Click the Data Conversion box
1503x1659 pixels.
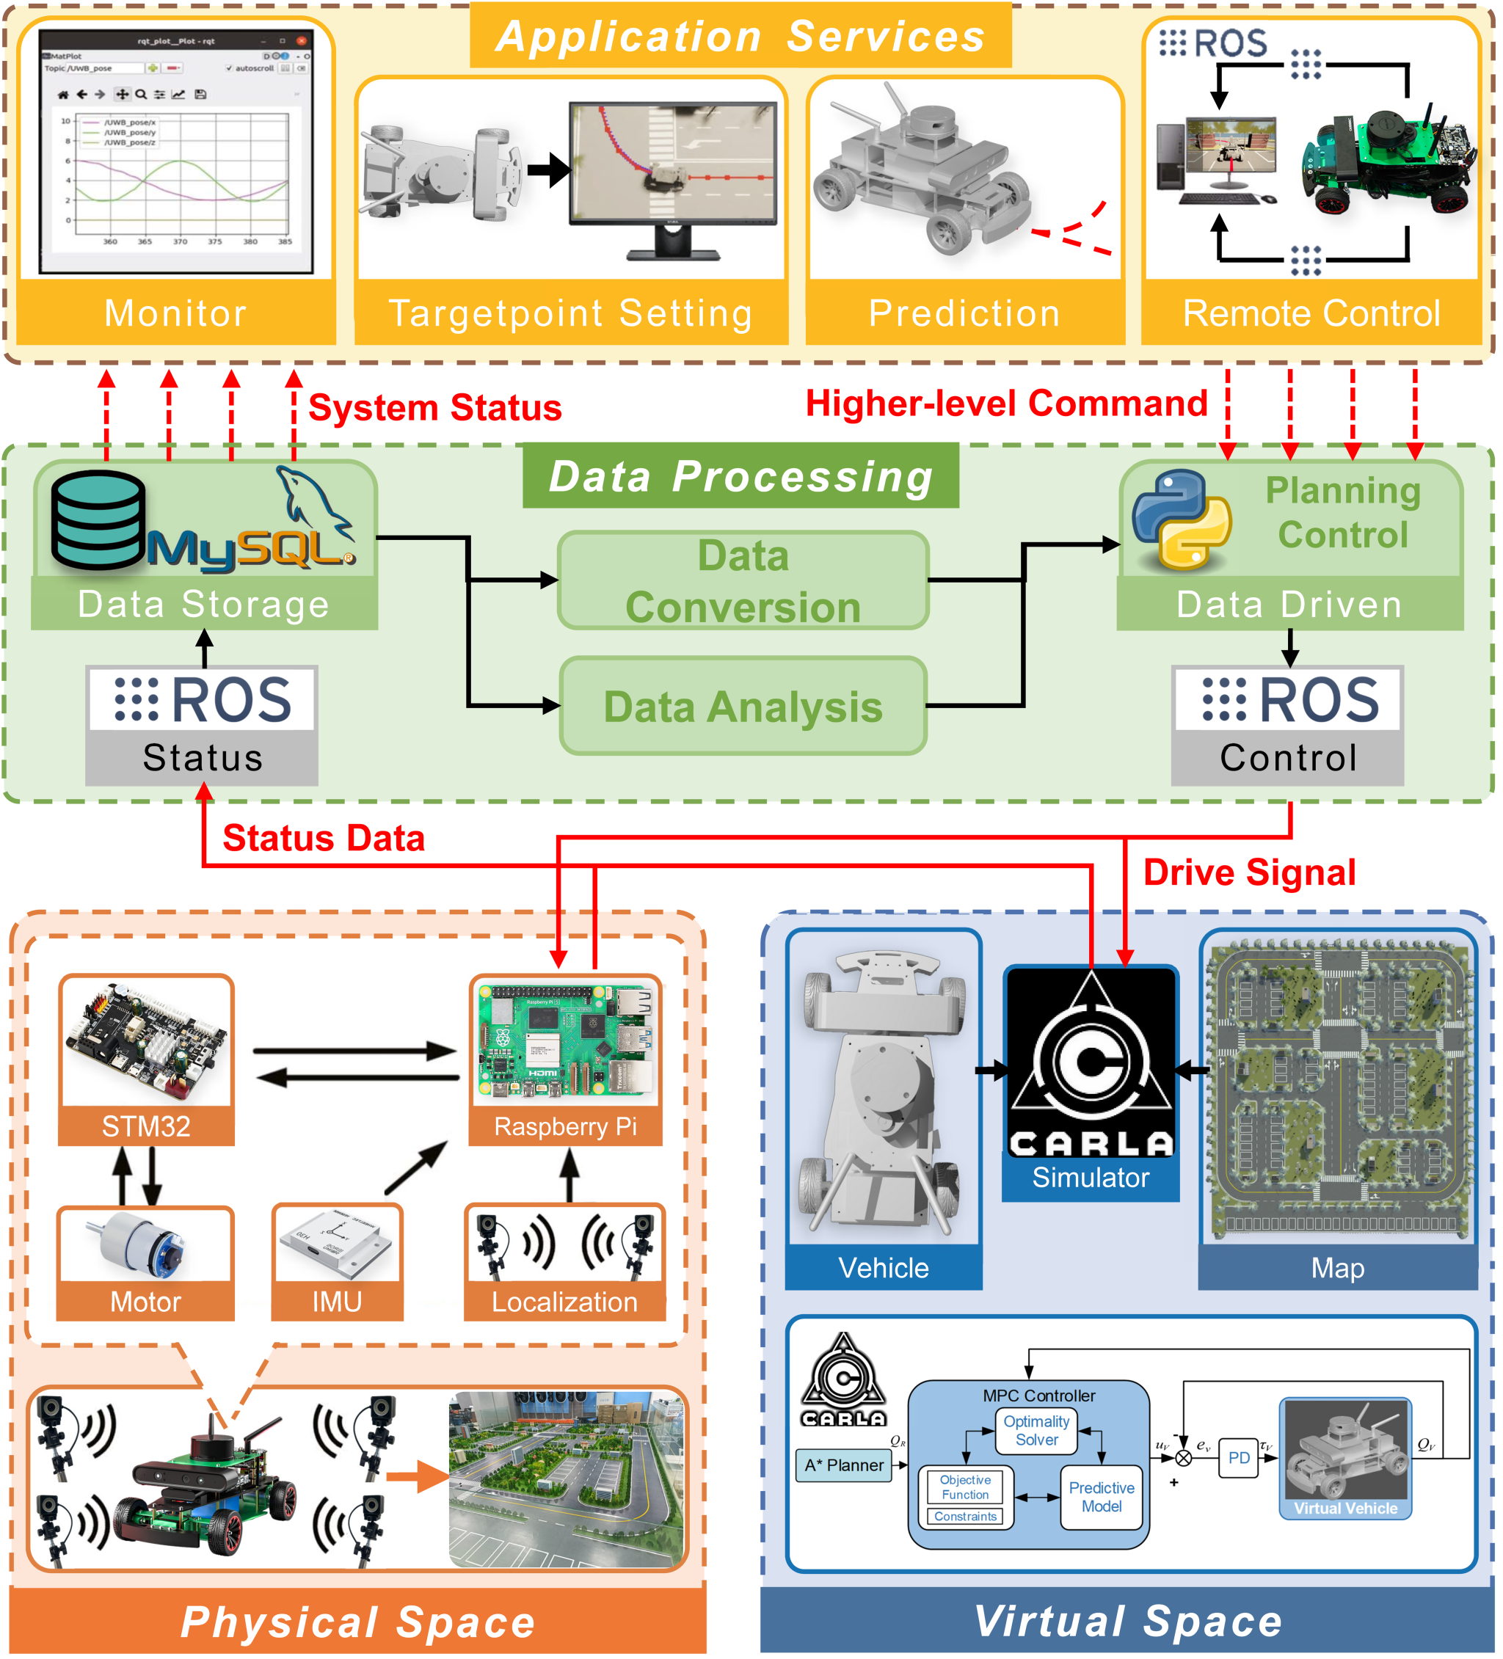[743, 581]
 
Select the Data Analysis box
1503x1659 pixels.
[743, 706]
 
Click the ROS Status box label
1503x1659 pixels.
[203, 757]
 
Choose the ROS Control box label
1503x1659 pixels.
[1287, 757]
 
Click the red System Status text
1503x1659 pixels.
[434, 407]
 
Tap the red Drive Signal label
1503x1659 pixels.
[1248, 872]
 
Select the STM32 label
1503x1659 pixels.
[146, 1126]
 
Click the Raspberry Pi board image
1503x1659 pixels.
[564, 1041]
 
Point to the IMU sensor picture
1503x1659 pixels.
[336, 1244]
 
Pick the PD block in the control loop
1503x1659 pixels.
[1238, 1458]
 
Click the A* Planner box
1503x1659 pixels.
[844, 1465]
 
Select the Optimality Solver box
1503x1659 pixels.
[1036, 1430]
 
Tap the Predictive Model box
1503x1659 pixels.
[1101, 1496]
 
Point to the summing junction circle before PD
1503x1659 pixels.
[1183, 1458]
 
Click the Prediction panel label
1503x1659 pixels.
[964, 313]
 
